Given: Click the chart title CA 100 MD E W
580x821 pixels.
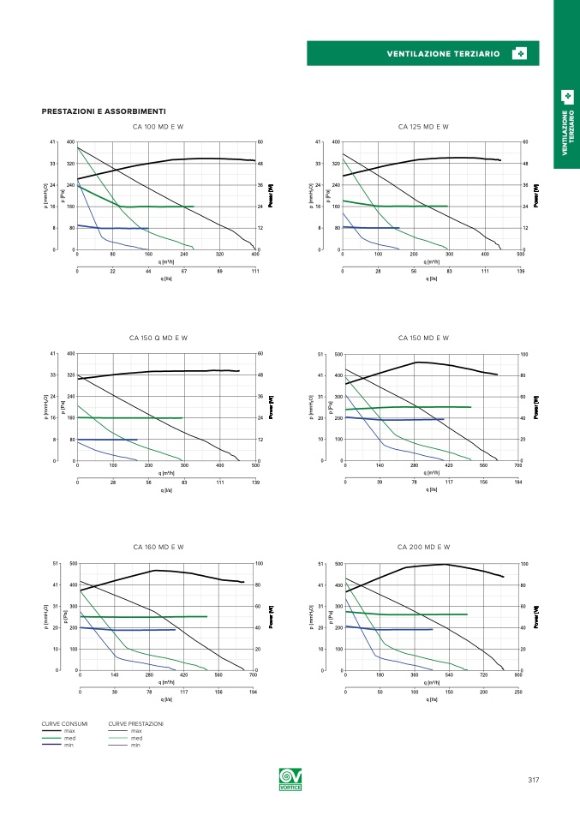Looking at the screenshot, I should [158, 127].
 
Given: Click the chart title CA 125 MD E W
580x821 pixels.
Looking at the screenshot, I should [423, 127].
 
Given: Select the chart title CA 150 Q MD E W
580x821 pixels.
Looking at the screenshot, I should [158, 338].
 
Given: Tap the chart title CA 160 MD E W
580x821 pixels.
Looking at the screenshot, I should [158, 547].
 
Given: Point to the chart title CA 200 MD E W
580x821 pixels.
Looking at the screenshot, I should [423, 547].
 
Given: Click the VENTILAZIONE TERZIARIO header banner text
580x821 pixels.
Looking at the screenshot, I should [443, 54].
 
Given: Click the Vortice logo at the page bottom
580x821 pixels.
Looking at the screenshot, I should [290, 781].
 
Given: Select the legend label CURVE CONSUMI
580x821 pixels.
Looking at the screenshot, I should [64, 724].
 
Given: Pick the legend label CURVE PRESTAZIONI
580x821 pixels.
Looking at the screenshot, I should [135, 724].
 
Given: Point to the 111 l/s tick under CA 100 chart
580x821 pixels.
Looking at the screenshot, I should [255, 270].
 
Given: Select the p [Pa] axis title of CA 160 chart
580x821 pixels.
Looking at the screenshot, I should [65, 616].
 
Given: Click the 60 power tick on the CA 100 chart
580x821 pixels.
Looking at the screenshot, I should [260, 142].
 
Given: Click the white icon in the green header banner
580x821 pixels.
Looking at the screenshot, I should [519, 54].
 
